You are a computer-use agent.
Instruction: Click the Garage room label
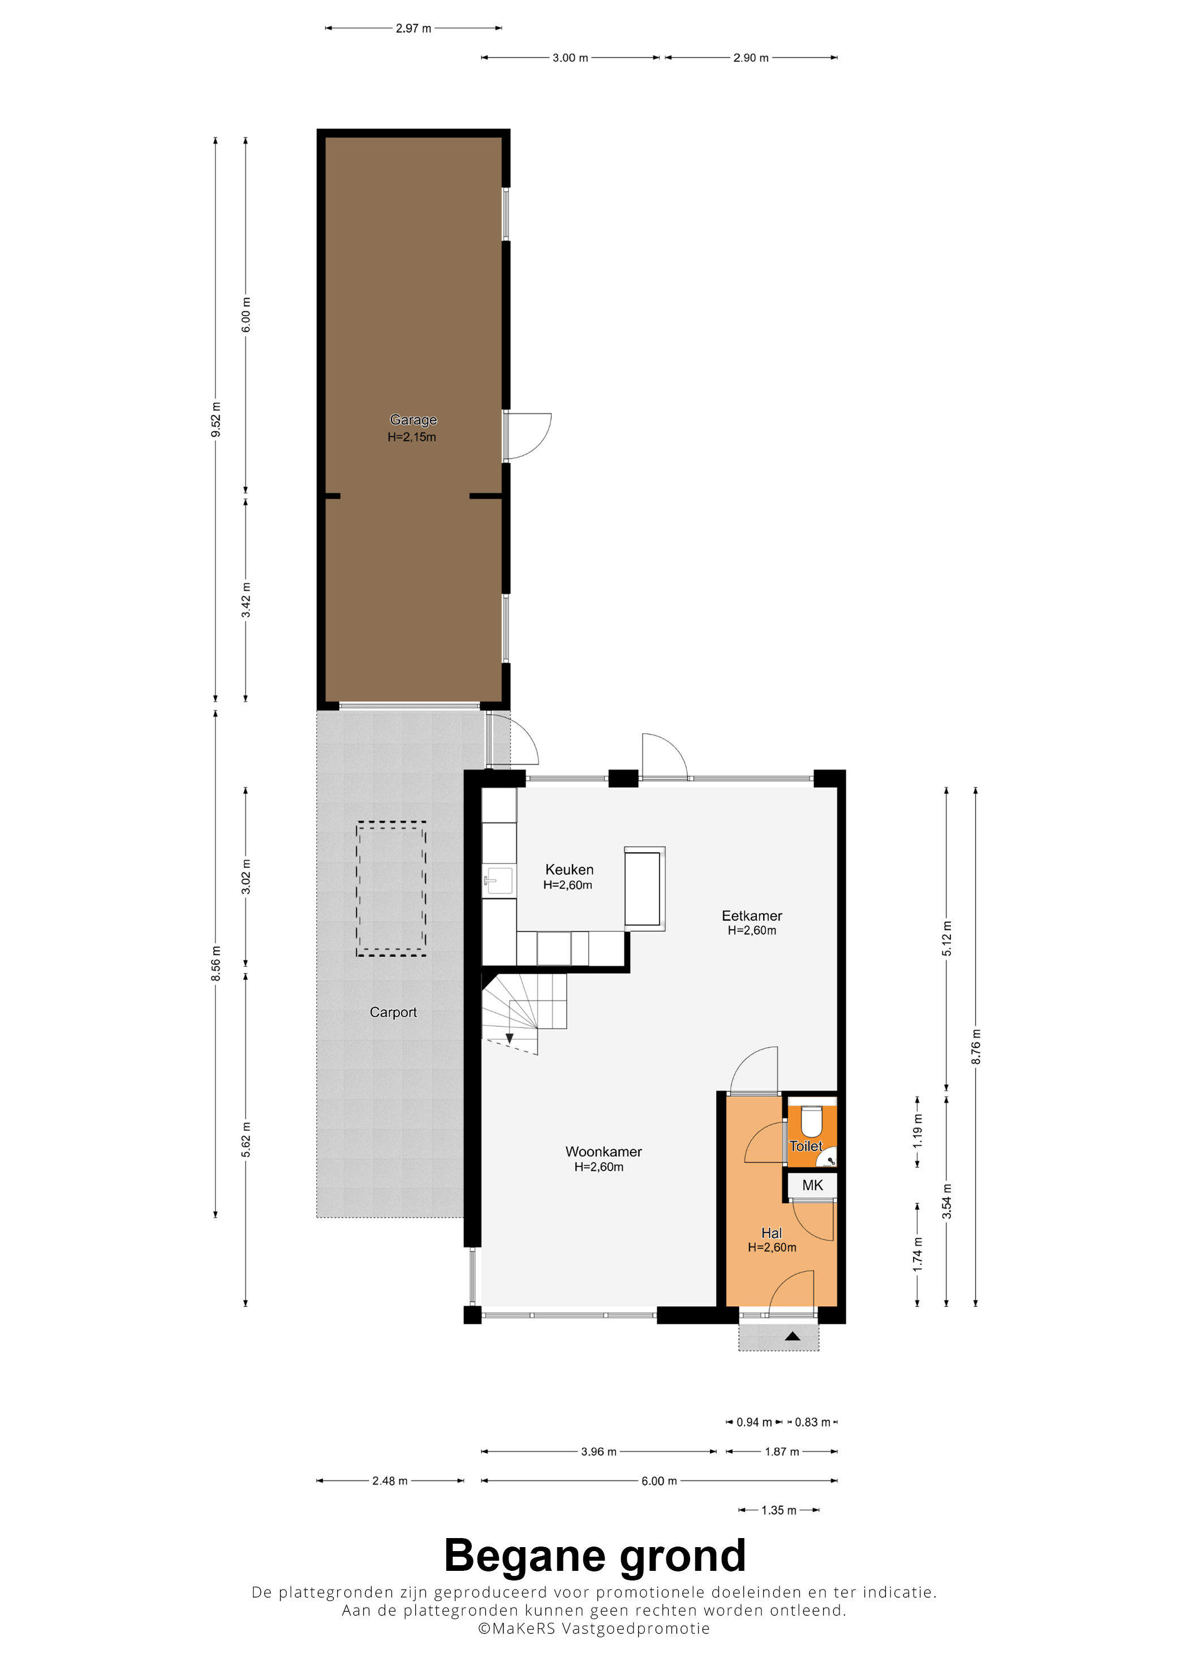click(x=413, y=420)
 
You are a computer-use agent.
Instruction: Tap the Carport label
click(x=393, y=1013)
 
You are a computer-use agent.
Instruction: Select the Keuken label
click(x=570, y=869)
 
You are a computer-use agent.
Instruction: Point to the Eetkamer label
click(x=752, y=915)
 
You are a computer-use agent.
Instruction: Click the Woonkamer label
click(x=603, y=1152)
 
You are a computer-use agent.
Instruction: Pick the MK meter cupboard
click(x=812, y=1185)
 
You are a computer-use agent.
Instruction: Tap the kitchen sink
click(x=499, y=880)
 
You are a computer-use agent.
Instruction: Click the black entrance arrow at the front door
click(x=792, y=1337)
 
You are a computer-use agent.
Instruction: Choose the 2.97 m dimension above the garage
click(x=414, y=28)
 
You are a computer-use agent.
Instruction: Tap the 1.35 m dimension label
click(x=779, y=1510)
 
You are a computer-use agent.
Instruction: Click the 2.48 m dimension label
click(x=390, y=1481)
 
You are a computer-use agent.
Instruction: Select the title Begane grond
click(x=595, y=1556)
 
